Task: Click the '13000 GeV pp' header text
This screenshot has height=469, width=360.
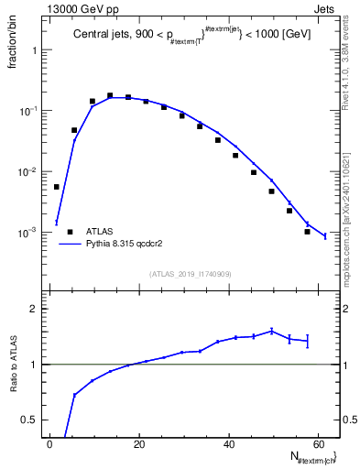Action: (80, 10)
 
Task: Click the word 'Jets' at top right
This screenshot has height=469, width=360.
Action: (326, 10)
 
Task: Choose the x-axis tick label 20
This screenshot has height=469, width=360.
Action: (138, 444)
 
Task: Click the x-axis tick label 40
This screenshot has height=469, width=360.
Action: (228, 444)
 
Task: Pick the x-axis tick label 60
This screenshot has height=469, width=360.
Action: (318, 444)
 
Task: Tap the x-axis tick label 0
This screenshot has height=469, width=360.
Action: (49, 444)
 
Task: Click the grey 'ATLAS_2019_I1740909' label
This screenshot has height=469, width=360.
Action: (190, 274)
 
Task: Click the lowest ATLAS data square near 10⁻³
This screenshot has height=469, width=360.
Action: (308, 232)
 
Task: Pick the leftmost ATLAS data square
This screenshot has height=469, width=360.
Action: (57, 187)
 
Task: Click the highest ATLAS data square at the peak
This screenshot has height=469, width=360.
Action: (110, 95)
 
